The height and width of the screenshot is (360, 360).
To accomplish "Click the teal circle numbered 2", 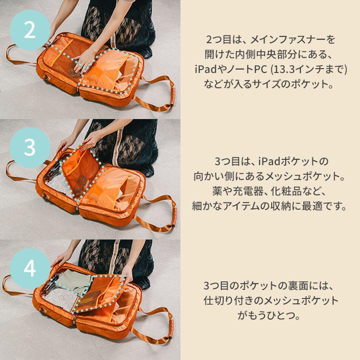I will [x=30, y=30].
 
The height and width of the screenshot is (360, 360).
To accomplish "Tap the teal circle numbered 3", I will [x=30, y=147].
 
